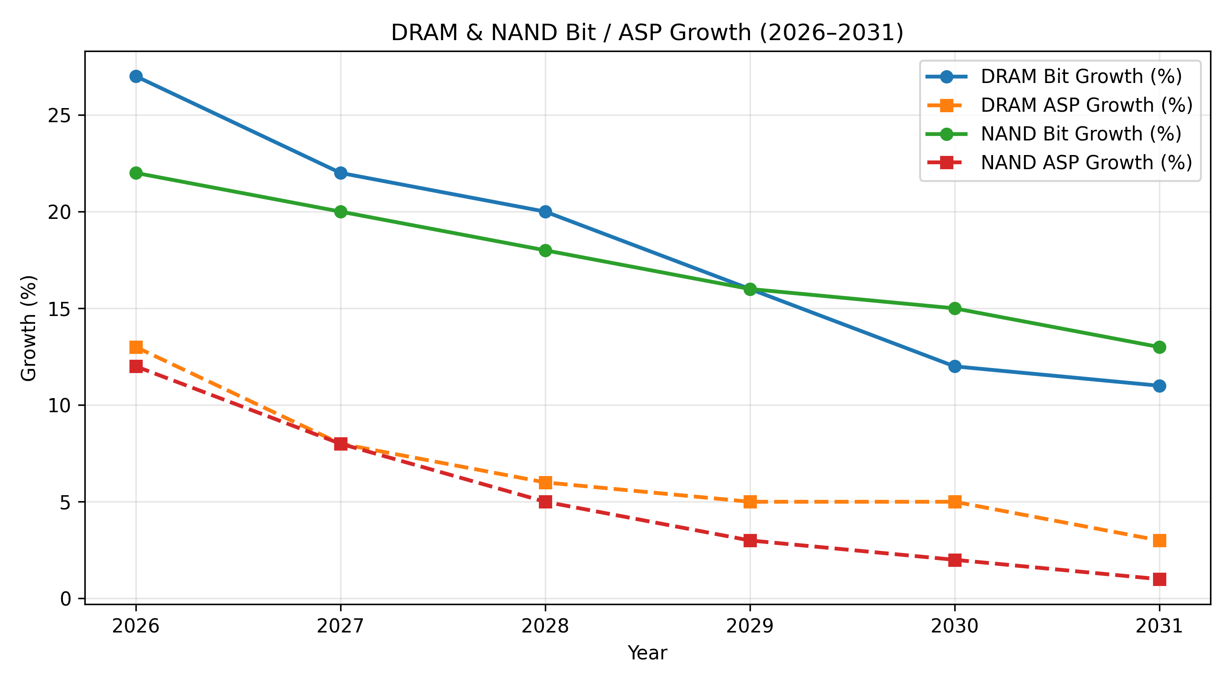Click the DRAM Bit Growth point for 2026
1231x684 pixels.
(136, 77)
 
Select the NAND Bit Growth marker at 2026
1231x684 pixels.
(136, 173)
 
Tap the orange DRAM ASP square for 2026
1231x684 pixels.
(136, 347)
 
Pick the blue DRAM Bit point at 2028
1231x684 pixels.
(545, 212)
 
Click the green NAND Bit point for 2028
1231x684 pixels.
(545, 250)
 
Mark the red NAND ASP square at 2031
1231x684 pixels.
(1159, 579)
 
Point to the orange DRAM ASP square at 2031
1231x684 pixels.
(1159, 541)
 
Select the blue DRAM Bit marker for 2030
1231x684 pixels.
(955, 367)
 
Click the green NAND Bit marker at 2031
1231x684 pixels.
(1159, 347)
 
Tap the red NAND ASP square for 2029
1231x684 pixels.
(750, 541)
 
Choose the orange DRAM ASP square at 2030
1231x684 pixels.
(955, 502)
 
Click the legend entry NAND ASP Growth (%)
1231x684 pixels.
(1086, 162)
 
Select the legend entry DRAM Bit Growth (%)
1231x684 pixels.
(1081, 77)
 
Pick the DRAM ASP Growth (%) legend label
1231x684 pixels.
(1086, 105)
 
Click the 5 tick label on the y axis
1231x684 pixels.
(66, 503)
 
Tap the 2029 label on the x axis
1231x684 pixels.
(750, 626)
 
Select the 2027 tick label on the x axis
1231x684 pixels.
(340, 626)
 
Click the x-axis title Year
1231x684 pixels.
(647, 653)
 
